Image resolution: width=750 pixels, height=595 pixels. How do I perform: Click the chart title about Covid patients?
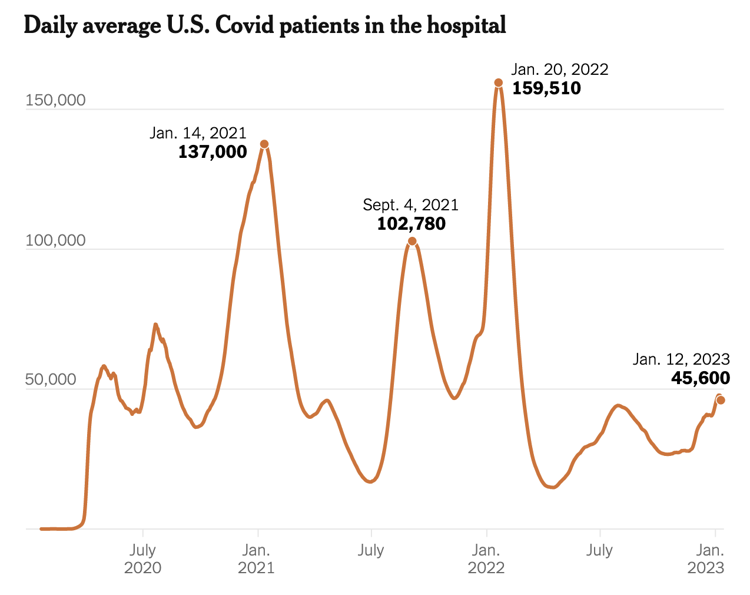[265, 25]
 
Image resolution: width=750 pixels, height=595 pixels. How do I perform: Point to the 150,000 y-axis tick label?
[55, 100]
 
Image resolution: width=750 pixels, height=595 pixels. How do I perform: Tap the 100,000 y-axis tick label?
[55, 240]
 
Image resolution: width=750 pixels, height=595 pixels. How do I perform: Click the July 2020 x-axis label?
[142, 558]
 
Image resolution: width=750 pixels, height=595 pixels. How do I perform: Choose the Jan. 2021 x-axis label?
[256, 558]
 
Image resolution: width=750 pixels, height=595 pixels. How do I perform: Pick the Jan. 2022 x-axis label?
[486, 558]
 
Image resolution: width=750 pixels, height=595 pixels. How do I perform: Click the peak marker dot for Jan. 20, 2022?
[499, 83]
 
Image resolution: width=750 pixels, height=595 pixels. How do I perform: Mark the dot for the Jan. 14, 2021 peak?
[264, 144]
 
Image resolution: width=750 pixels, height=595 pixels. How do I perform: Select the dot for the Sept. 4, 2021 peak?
[412, 241]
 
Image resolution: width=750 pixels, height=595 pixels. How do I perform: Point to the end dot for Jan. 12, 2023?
[721, 400]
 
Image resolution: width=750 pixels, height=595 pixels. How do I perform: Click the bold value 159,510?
[546, 88]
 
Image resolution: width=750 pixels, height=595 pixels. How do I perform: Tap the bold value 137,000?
[213, 152]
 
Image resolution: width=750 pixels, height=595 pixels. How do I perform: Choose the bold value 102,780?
[411, 224]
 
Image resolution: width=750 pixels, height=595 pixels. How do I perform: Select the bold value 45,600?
[701, 378]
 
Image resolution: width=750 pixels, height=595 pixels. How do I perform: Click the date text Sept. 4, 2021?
[410, 205]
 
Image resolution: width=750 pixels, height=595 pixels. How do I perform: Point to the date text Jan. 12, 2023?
[681, 359]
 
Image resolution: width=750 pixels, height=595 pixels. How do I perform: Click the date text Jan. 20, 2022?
[560, 69]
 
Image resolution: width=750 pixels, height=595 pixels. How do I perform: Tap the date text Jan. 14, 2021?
[198, 133]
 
